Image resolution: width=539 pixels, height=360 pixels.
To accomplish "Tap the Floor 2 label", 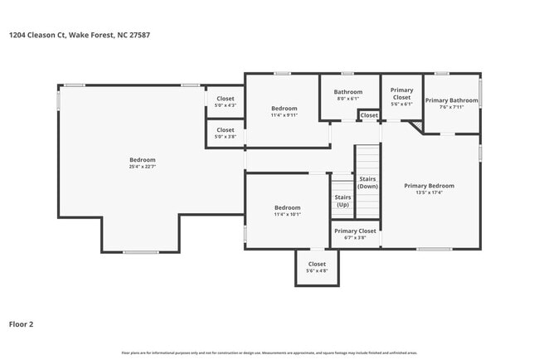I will (x=21, y=324).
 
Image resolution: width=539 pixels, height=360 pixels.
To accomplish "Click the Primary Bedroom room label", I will (x=429, y=186).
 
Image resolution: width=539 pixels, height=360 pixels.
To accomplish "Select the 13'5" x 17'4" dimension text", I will (x=429, y=192).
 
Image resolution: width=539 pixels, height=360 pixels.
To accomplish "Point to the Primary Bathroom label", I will (x=451, y=100).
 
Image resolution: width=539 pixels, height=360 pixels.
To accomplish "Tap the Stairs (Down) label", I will (x=367, y=182).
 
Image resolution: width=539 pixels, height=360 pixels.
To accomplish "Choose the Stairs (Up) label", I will (x=342, y=201).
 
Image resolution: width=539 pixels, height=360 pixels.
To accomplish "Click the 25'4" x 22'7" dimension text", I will (x=142, y=167).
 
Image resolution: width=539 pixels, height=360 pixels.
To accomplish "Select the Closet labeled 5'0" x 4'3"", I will (x=226, y=102).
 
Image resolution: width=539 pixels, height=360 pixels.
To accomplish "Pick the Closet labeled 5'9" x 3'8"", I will (x=226, y=133).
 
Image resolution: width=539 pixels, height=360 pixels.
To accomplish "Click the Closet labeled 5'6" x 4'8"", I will (x=317, y=267).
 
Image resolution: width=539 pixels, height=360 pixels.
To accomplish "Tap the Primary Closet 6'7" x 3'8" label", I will (x=355, y=234).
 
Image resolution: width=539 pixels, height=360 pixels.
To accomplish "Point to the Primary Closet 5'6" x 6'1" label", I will (x=401, y=97).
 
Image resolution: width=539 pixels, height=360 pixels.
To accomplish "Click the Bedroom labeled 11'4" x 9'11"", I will (x=284, y=111).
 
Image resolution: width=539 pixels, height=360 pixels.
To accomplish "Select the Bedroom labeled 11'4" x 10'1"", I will (x=287, y=211).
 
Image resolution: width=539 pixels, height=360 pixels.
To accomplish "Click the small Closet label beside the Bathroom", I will (x=369, y=115).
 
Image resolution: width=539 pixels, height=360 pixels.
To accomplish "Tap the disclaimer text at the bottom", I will (x=269, y=353).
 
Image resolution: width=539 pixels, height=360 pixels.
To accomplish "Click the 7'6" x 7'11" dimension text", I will (x=451, y=107).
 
